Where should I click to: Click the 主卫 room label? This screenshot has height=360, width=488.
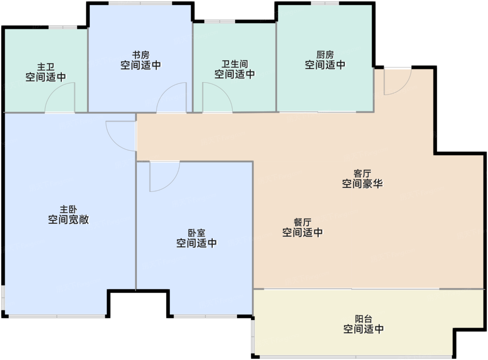(x=46, y=67)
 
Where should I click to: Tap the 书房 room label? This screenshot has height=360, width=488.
(x=141, y=55)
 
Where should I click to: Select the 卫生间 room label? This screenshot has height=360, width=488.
(x=235, y=64)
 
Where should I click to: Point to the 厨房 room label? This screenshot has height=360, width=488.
(x=325, y=55)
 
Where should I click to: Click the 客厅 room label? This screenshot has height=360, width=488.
(x=363, y=174)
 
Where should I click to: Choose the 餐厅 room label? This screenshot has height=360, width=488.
(x=303, y=222)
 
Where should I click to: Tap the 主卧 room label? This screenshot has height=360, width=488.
(x=68, y=209)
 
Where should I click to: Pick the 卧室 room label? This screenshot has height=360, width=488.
(x=197, y=233)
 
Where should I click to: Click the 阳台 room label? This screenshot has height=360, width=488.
(x=364, y=319)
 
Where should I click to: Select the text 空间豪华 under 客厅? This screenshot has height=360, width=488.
(x=363, y=184)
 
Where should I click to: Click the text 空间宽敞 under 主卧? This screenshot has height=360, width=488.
(x=68, y=220)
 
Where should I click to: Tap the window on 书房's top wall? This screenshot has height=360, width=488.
(x=140, y=3)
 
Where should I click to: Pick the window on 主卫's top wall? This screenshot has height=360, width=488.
(x=63, y=27)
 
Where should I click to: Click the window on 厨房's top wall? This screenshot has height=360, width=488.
(x=325, y=3)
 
